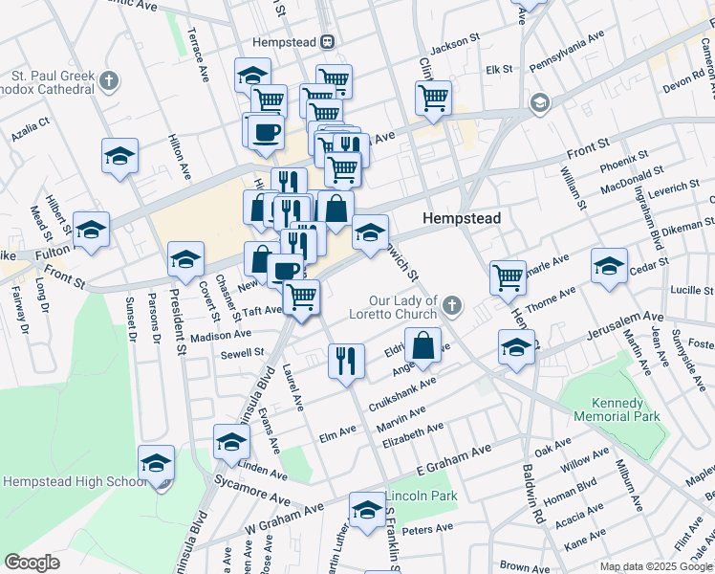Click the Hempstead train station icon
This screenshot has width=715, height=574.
click(328, 41)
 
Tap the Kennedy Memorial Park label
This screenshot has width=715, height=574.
click(617, 410)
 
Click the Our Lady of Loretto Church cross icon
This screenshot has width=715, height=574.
click(452, 306)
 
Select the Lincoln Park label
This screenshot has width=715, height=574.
click(421, 497)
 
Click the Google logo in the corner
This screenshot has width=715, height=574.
click(31, 563)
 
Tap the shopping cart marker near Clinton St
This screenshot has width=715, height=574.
click(434, 97)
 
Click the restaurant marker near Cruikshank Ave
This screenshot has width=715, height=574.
click(346, 360)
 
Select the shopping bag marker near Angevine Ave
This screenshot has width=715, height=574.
click(422, 344)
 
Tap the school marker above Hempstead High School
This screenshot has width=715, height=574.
click(156, 462)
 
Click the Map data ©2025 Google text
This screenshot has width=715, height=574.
click(656, 566)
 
